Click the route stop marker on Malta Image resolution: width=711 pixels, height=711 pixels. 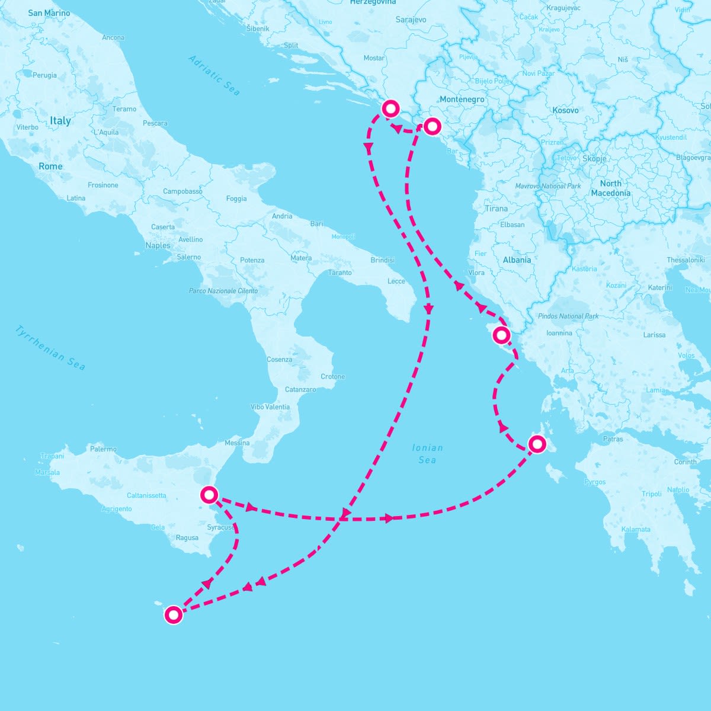coord(173,615)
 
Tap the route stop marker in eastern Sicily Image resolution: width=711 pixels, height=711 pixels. coord(209,494)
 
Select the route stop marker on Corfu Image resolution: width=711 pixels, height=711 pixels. coord(501,335)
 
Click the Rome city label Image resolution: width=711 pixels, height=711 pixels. coord(50,166)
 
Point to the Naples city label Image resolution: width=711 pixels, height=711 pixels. coord(158,245)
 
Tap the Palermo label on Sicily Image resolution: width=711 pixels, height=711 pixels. coord(103,449)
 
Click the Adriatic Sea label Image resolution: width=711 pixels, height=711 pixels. coord(214,75)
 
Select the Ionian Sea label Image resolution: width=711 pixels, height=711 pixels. coord(427,454)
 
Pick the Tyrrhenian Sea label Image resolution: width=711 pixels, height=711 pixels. coord(51,348)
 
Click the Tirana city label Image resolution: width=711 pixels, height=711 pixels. coord(496,209)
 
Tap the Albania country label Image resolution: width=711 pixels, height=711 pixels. coord(517,260)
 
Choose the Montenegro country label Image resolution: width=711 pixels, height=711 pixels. coord(462,100)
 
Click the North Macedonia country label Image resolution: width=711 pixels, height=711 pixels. coord(610,188)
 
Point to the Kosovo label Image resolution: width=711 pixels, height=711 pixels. coord(565,110)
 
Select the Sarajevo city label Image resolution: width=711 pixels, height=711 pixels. coord(411,20)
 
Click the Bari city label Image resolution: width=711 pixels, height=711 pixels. coord(316,224)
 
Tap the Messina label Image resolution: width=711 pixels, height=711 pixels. coord(237,443)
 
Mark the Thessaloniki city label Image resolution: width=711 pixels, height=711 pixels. coord(686,260)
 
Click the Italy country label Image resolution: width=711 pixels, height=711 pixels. coord(60,121)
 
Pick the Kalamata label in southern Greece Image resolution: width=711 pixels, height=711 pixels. coord(636,530)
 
